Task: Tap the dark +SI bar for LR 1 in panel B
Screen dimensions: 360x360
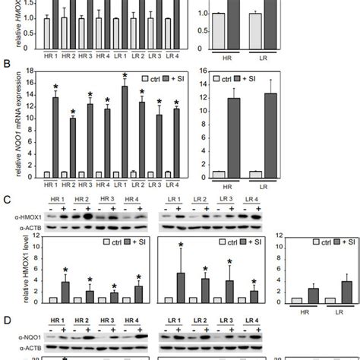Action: [124, 141]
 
